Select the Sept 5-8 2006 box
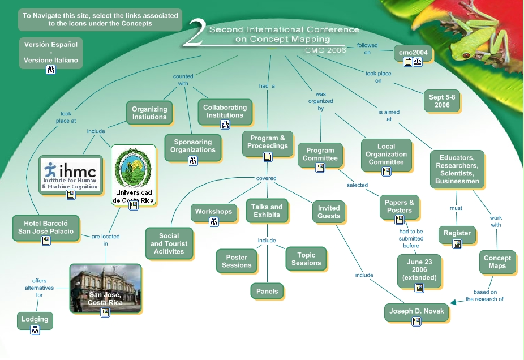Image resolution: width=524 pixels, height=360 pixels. tap(442, 101)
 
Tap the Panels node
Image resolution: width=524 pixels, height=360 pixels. tap(267, 291)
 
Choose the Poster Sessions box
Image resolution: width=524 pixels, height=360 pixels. tap(237, 261)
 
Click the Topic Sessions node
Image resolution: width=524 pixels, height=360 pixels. tap(306, 259)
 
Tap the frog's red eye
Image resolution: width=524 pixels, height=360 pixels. tap(467, 55)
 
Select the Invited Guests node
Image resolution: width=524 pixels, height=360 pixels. tap(329, 212)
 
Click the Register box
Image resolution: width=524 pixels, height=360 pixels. tap(457, 233)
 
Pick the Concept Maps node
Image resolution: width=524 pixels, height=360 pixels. tap(497, 262)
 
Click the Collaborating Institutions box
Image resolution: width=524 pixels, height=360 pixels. tap(225, 111)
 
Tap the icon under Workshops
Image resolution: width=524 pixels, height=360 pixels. tap(214, 222)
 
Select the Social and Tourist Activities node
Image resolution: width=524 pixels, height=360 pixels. tap(169, 243)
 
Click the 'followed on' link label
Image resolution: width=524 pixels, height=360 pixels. tap(367, 49)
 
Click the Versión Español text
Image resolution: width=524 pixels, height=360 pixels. tap(51, 44)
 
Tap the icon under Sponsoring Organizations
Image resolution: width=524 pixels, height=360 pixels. tap(193, 160)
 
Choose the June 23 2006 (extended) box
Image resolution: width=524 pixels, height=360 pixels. tap(419, 269)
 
